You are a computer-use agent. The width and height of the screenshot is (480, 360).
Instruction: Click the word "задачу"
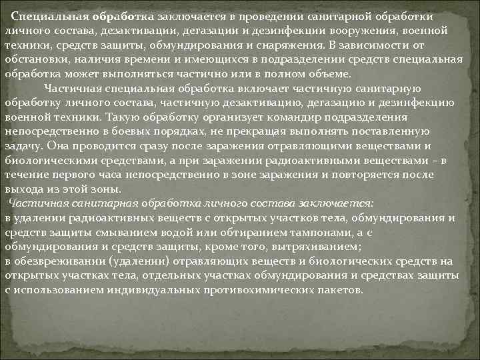(25, 146)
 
